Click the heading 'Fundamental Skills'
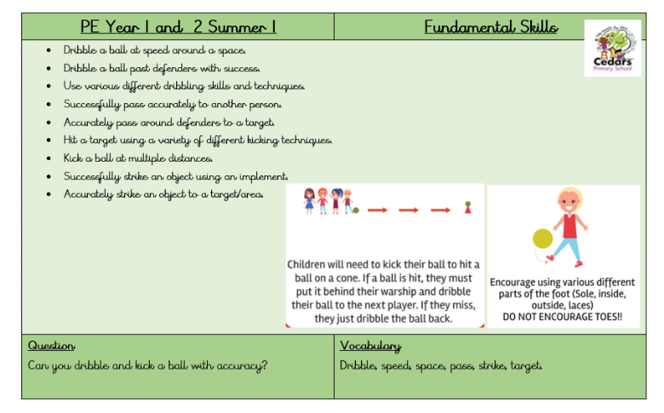tap(491, 26)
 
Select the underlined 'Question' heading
tap(51, 346)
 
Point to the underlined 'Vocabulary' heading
tap(370, 346)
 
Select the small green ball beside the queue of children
tap(356, 209)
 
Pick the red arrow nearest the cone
tap(439, 209)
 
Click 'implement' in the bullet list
tap(260, 176)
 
